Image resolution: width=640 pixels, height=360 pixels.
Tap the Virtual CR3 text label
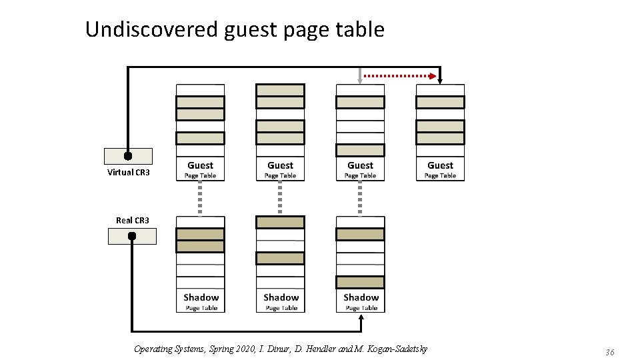pyautogui.click(x=128, y=173)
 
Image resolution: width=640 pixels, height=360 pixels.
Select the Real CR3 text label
pyautogui.click(x=132, y=220)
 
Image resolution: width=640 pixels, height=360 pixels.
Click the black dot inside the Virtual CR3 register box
pyautogui.click(x=128, y=156)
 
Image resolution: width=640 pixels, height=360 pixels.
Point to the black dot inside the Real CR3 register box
pyautogui.click(x=132, y=236)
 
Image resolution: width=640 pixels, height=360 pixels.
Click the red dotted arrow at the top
pyautogui.click(x=400, y=76)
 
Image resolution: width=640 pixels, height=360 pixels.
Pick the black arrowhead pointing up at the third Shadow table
pyautogui.click(x=361, y=318)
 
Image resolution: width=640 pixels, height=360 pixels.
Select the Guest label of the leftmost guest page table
pyautogui.click(x=200, y=165)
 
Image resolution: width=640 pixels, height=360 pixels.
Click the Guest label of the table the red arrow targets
pyautogui.click(x=440, y=165)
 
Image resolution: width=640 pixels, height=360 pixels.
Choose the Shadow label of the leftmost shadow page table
pyautogui.click(x=201, y=297)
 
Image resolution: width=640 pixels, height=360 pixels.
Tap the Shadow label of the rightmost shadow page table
pyautogui.click(x=361, y=297)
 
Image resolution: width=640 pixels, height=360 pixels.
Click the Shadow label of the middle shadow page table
pyautogui.click(x=281, y=297)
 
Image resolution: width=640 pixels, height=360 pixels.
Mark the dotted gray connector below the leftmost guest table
pyautogui.click(x=200, y=197)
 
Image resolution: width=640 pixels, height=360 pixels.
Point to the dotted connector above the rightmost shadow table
pyautogui.click(x=360, y=197)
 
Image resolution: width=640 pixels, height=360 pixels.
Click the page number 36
pyautogui.click(x=609, y=352)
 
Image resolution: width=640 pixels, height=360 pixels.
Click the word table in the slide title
pyautogui.click(x=362, y=29)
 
